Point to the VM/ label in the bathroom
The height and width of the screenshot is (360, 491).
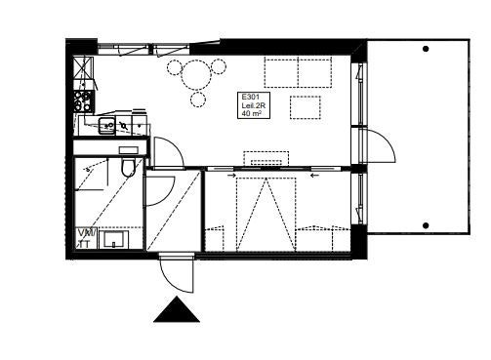86,232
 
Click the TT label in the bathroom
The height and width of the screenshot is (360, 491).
84,243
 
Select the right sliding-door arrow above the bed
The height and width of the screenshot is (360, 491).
313,177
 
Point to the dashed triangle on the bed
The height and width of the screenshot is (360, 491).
264,210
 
